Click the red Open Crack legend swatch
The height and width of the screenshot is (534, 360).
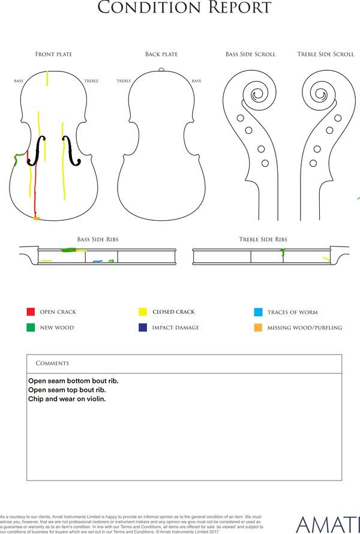tap(31, 311)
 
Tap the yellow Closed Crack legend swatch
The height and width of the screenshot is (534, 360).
tap(143, 311)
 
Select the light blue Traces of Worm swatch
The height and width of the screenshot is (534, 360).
tap(258, 312)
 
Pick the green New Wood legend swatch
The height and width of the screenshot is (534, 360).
tap(31, 327)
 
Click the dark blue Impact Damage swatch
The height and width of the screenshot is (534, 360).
tap(143, 327)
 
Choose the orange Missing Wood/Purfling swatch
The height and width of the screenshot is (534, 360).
tap(258, 328)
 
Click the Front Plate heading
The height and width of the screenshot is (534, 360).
tap(54, 54)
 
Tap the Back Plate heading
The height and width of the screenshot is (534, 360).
tap(161, 54)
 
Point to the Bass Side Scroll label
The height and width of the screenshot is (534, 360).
tap(250, 54)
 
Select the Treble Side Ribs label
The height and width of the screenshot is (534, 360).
tap(263, 239)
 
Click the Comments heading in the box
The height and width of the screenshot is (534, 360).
tap(52, 363)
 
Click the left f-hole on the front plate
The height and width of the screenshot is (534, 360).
tap(37, 151)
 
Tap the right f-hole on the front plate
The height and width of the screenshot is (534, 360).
tap(71, 151)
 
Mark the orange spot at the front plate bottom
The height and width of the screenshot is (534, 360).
tap(36, 218)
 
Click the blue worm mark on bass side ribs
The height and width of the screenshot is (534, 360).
tap(98, 262)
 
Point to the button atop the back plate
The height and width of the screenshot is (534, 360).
tap(161, 70)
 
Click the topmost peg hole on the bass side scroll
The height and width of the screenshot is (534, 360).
tap(241, 118)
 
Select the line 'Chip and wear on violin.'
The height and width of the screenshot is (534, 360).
tap(67, 399)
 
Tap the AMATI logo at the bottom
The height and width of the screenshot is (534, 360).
tap(328, 524)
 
